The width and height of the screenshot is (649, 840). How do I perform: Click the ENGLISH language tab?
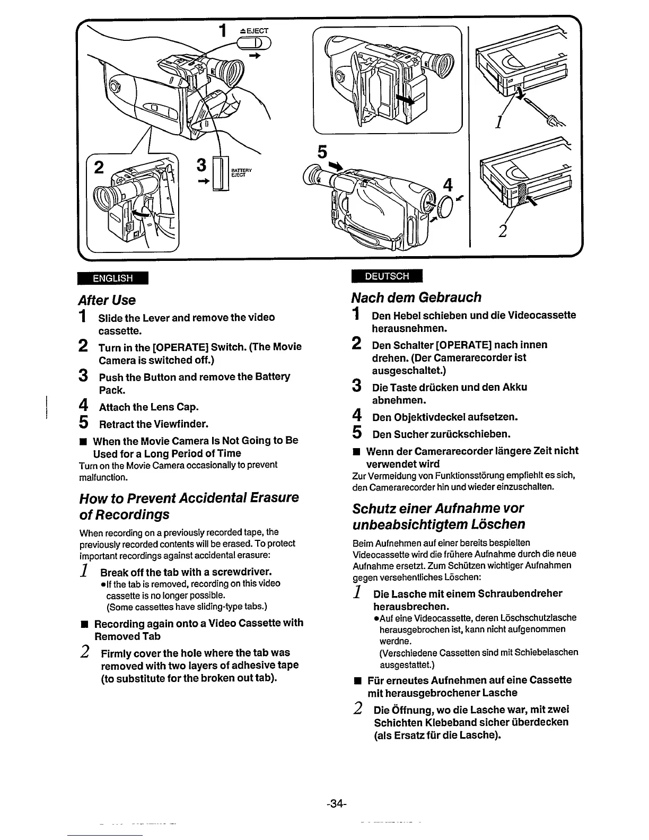[112, 278]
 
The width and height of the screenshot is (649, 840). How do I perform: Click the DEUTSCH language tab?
[387, 276]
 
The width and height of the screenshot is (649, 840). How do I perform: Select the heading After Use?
[107, 300]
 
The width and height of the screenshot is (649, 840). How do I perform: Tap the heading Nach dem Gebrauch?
[417, 297]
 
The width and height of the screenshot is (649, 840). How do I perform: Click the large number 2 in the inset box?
[98, 168]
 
